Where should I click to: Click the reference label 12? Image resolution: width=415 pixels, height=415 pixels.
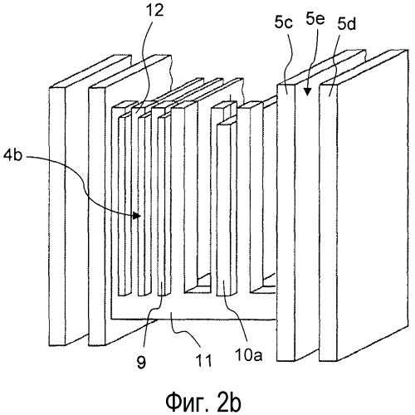[x=156, y=11]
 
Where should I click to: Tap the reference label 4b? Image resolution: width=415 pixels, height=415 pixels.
[x=12, y=156]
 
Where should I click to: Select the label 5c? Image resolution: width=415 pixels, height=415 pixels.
[x=284, y=22]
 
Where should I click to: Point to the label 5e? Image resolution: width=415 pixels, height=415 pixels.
[x=315, y=18]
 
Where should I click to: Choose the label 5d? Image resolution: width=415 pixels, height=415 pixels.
[x=346, y=25]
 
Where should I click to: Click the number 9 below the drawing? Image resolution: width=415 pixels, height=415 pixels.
[x=141, y=362]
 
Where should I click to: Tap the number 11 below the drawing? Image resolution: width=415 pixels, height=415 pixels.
[x=203, y=360]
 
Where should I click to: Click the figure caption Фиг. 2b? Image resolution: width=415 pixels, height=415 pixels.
[x=203, y=403]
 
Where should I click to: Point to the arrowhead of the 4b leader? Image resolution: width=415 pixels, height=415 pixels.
[x=136, y=215]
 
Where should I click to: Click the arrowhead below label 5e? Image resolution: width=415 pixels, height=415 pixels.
[x=306, y=91]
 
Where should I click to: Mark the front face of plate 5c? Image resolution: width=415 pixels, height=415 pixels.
[x=286, y=222]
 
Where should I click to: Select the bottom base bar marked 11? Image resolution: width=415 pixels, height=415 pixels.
[x=193, y=312]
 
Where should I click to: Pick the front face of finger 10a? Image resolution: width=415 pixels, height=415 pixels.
[x=223, y=210]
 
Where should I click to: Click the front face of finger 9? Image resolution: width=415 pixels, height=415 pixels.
[x=161, y=207]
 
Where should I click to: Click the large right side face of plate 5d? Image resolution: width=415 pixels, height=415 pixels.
[x=373, y=205]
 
